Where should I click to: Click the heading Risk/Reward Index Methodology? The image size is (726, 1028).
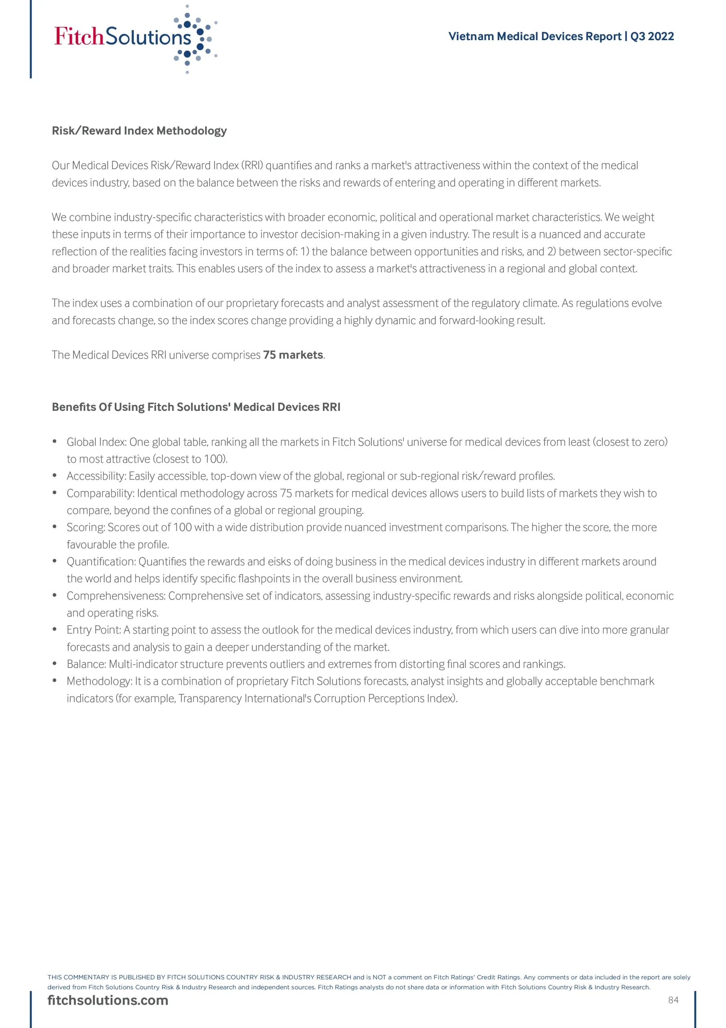point(139,131)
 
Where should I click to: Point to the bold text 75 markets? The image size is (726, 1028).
point(293,355)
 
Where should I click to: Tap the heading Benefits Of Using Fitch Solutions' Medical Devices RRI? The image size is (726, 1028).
point(196,407)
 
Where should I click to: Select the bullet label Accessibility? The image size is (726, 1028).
point(96,476)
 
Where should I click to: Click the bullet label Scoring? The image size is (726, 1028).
point(85,527)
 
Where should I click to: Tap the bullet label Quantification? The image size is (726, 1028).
point(101,561)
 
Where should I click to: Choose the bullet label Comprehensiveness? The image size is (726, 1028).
point(116,596)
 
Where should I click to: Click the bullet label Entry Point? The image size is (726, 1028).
point(93,630)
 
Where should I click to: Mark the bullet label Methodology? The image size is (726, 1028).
point(98,681)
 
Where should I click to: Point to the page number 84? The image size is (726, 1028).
point(673,1000)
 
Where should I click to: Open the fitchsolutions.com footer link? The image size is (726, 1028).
point(108,1000)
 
